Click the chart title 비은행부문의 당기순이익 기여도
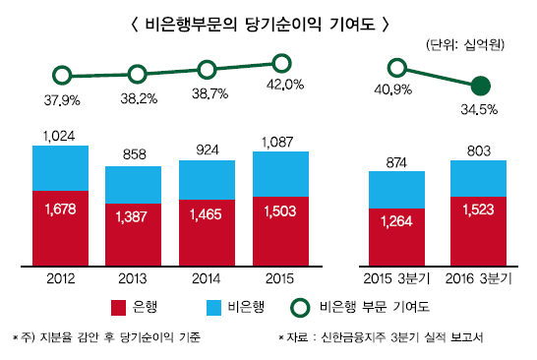(268, 21)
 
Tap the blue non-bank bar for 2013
(134, 183)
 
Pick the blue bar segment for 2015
(280, 172)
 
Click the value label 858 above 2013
(134, 155)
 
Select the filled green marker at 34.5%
(480, 85)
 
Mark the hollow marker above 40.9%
(396, 68)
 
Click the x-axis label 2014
(208, 279)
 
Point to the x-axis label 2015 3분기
(396, 279)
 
